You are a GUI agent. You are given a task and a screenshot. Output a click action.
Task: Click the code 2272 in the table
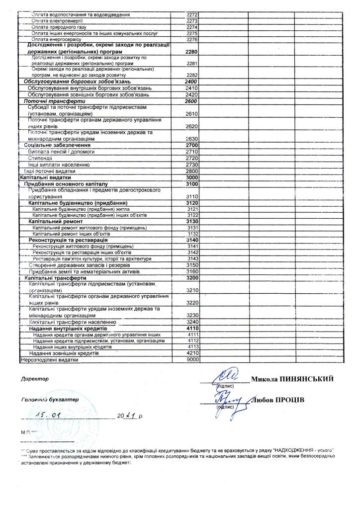pos(191,15)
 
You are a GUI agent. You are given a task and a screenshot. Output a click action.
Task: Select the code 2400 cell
pos(191,82)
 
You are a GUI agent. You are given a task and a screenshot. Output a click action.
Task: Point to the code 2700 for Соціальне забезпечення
pos(191,145)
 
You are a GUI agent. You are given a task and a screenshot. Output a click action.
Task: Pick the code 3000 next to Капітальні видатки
pos(191,177)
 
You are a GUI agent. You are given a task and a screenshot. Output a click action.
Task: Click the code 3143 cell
pos(193,259)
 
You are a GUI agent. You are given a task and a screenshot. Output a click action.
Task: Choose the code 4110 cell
pos(192,329)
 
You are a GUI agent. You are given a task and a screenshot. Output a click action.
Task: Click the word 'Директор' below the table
pos(35,379)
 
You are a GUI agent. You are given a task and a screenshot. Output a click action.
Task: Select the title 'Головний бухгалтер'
pos(49,400)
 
